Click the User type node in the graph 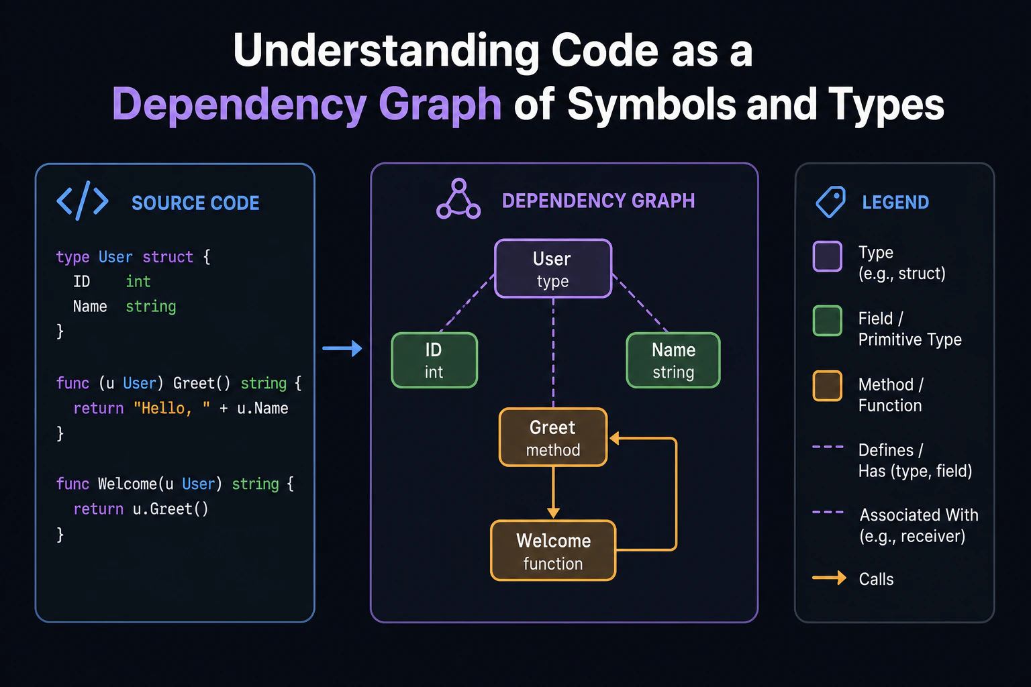click(553, 269)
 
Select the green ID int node click(434, 360)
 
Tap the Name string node click(673, 360)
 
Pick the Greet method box click(553, 437)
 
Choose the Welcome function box click(553, 551)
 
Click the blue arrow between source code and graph click(342, 348)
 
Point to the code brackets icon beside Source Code click(83, 201)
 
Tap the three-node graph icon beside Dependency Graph click(458, 199)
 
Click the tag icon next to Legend click(831, 201)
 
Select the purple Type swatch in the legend click(827, 256)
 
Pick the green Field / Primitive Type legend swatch click(827, 321)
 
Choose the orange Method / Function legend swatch click(827, 386)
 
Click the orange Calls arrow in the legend click(829, 578)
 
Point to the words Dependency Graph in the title click(307, 105)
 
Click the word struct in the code click(168, 257)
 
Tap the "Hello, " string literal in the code click(171, 408)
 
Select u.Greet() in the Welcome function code click(170, 509)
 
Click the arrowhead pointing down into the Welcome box click(553, 513)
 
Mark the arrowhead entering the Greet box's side click(614, 438)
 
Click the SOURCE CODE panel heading click(195, 203)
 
